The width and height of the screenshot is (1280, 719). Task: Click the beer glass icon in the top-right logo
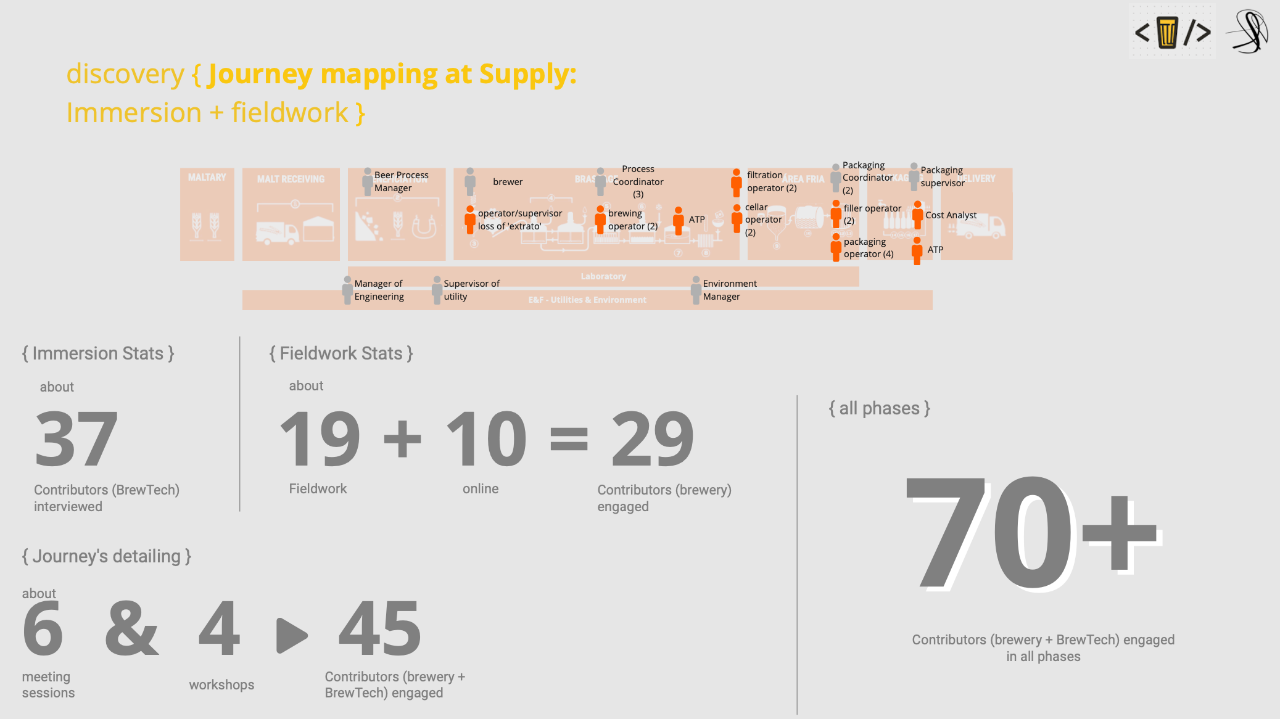click(x=1167, y=32)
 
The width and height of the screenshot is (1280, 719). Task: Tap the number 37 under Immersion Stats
click(x=76, y=439)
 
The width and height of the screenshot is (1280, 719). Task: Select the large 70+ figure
click(x=1033, y=534)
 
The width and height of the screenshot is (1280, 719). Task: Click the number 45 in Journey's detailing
click(x=380, y=629)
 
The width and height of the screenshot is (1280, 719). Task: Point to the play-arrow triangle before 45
click(x=292, y=635)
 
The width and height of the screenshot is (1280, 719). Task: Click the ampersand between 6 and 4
click(x=132, y=629)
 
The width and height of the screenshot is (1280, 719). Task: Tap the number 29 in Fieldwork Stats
click(x=653, y=439)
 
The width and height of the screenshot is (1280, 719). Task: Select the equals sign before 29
click(x=568, y=439)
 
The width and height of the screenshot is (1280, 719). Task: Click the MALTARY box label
click(x=207, y=178)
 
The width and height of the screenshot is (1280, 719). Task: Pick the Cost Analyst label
click(x=951, y=215)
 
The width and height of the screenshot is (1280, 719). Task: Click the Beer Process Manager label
click(x=401, y=181)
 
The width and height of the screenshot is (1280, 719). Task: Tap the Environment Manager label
click(x=729, y=290)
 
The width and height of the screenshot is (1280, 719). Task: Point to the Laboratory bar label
click(x=603, y=276)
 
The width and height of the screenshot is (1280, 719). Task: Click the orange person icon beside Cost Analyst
click(x=918, y=215)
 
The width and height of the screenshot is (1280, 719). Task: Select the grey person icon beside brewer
click(x=470, y=181)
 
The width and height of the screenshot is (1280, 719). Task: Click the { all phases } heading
click(x=879, y=408)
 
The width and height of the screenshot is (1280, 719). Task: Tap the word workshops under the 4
click(x=221, y=684)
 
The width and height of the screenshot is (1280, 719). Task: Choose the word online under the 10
click(x=481, y=488)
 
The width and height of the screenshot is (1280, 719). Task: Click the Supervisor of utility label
click(x=471, y=290)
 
